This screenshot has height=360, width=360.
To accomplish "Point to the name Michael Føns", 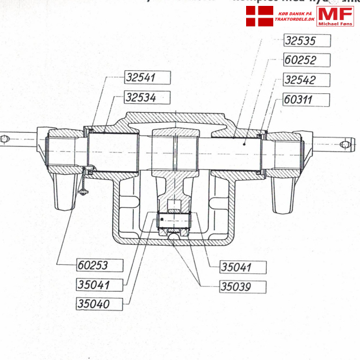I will (x=335, y=23).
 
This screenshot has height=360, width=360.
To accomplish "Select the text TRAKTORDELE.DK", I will (x=294, y=19).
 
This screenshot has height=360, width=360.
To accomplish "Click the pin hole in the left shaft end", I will (x=5, y=139).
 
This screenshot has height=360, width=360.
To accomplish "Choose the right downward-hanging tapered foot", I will (x=283, y=194).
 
